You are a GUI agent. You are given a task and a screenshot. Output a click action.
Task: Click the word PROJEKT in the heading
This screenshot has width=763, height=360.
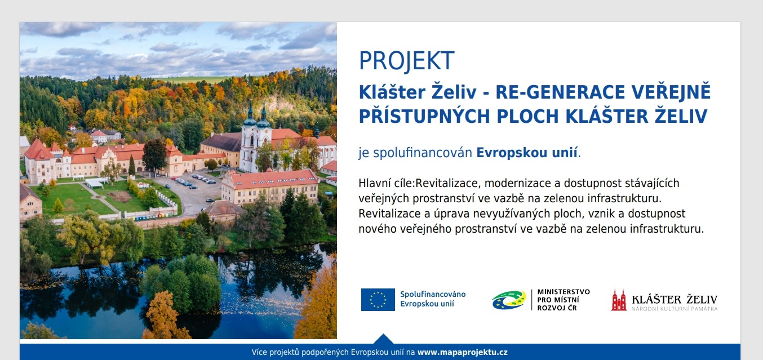(407, 61)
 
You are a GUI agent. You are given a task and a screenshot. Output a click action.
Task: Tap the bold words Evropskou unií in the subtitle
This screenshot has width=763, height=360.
(527, 153)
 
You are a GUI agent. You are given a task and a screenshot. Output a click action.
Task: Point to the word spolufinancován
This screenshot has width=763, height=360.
(423, 153)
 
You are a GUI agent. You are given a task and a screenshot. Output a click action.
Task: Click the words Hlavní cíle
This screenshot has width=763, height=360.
(385, 183)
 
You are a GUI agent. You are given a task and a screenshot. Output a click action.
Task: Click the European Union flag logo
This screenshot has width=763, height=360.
(378, 300)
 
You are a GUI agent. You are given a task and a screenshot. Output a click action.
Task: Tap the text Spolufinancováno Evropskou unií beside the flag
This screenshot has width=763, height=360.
(433, 299)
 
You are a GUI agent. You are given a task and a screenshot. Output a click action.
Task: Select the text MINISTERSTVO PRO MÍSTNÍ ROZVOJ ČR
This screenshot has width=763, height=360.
(564, 300)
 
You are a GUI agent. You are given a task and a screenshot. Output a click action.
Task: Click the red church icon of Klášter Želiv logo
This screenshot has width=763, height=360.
(619, 300)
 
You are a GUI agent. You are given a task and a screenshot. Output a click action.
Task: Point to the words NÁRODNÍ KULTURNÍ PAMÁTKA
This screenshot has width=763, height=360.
(675, 309)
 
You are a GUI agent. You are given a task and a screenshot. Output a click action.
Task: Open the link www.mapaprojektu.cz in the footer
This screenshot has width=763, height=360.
(462, 352)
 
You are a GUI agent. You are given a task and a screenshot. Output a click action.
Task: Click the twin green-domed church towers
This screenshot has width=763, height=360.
(257, 115)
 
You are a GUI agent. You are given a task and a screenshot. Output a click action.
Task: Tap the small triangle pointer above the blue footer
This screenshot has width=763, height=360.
(383, 339)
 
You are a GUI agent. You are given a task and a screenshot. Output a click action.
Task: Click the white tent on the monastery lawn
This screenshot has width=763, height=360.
(95, 184)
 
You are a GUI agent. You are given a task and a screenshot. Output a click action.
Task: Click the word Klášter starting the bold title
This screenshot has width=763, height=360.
(391, 92)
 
